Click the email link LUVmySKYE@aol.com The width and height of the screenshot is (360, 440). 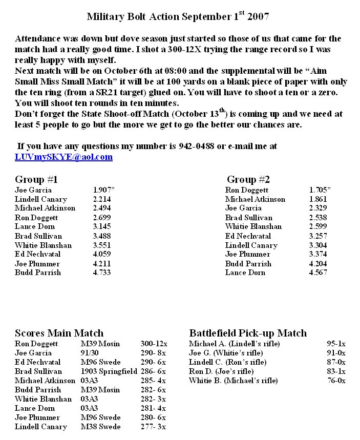[x=63, y=157]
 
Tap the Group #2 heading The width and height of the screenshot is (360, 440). [x=248, y=180]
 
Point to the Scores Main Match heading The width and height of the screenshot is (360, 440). [x=59, y=333]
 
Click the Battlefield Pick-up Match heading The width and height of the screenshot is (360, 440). [x=248, y=333]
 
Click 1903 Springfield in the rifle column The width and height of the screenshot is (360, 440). [x=104, y=371]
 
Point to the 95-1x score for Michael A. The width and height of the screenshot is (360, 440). [x=336, y=344]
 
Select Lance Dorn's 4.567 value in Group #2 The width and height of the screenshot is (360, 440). [x=318, y=273]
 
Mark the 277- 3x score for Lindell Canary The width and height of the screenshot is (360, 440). [x=154, y=427]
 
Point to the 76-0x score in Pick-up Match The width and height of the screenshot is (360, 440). [x=336, y=381]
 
